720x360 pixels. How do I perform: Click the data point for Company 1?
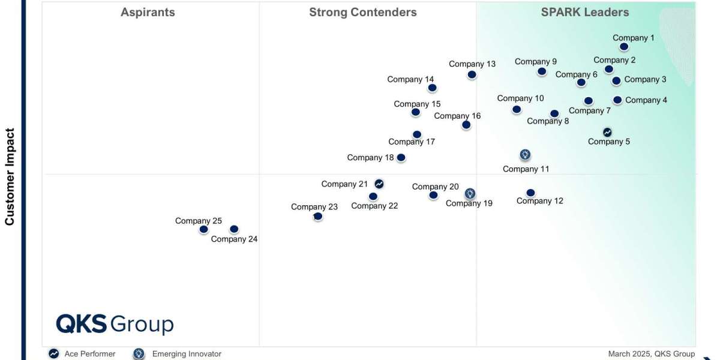tap(625, 46)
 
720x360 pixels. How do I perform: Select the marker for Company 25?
tap(204, 229)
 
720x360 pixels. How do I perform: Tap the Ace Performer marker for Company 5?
tap(607, 132)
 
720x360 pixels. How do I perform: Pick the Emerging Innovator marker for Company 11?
tap(525, 155)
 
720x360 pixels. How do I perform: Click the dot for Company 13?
tap(472, 74)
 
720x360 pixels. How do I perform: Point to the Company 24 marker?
tap(234, 229)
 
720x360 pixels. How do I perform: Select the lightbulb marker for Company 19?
tap(470, 193)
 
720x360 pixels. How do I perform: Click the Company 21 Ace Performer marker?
tap(379, 184)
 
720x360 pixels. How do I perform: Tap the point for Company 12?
tap(530, 193)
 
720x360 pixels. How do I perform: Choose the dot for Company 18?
tap(401, 158)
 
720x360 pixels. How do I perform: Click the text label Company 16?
tap(457, 116)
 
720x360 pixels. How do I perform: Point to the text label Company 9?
tap(535, 61)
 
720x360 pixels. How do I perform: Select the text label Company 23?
tap(314, 207)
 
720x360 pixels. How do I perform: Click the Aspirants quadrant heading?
tap(148, 12)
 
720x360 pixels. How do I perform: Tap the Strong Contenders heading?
tap(362, 12)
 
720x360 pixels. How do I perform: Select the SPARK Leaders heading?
tap(584, 12)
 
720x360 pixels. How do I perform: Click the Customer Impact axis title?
tap(10, 176)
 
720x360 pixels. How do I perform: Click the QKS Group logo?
tap(115, 324)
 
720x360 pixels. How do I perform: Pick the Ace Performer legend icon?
tap(54, 354)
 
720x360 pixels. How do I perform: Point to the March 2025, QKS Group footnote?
tap(651, 354)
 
